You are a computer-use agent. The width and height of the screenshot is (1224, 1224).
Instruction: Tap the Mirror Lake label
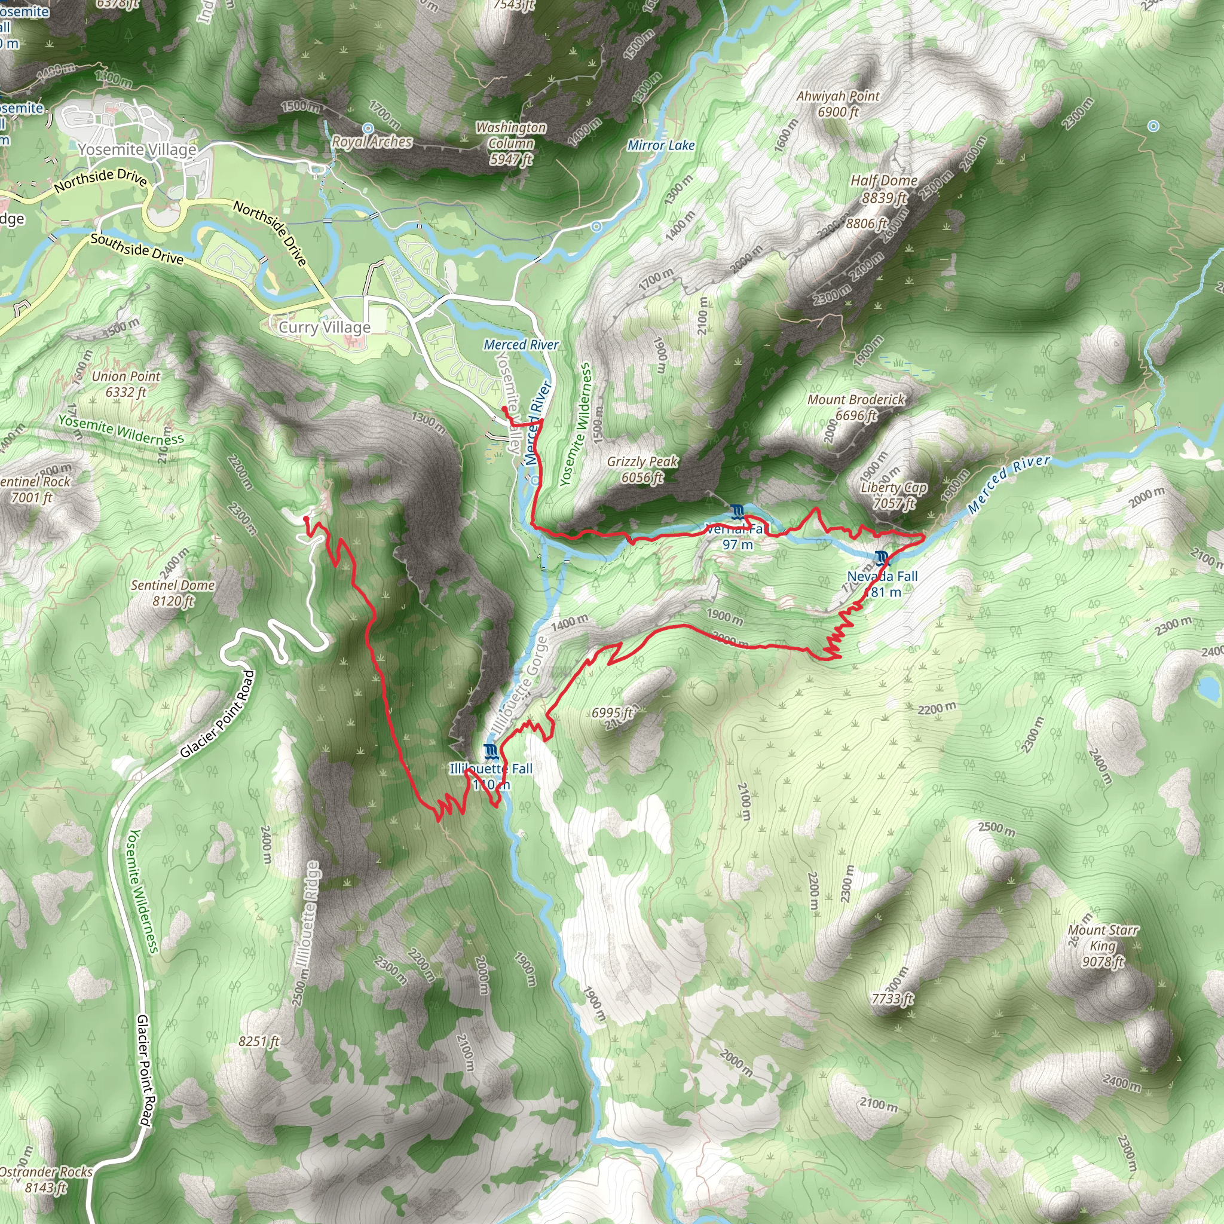click(x=661, y=145)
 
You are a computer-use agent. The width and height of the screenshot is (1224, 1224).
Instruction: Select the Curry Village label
click(x=325, y=327)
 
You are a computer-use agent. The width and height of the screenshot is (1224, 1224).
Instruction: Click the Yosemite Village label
click(x=137, y=149)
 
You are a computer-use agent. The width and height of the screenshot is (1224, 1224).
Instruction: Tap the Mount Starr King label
click(x=1103, y=945)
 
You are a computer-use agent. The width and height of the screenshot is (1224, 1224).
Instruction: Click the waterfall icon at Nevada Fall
click(x=882, y=558)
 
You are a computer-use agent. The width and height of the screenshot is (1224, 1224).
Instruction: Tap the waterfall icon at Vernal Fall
click(x=736, y=511)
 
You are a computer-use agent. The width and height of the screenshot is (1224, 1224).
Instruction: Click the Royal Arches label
click(x=372, y=141)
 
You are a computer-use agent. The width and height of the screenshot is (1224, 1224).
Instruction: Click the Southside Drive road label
click(x=137, y=249)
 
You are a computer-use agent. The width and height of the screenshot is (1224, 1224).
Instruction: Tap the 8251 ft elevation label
click(x=258, y=1041)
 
